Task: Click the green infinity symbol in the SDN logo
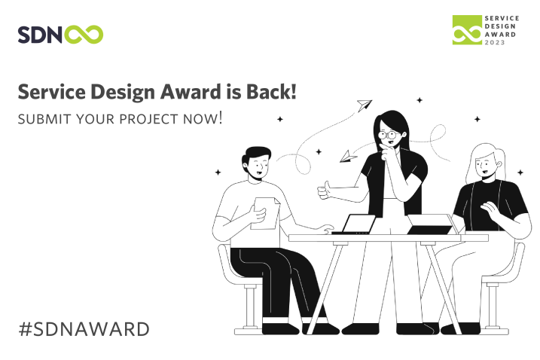84,35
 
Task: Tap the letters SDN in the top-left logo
40,35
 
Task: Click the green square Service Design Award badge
467,29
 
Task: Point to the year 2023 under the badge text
495,42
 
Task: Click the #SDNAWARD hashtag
84,329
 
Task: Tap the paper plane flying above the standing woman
364,105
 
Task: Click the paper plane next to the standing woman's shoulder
348,157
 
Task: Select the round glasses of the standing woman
389,135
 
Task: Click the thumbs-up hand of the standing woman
324,191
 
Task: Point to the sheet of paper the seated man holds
266,213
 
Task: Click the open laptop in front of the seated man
355,224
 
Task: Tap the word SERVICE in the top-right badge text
502,18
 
